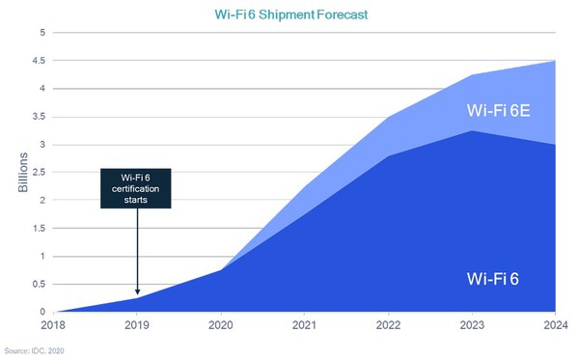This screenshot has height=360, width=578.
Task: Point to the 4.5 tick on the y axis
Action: (40, 61)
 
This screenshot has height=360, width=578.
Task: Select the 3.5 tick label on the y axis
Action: (40, 117)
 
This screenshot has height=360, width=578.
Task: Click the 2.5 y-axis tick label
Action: (40, 173)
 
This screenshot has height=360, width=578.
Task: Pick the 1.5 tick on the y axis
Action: (40, 229)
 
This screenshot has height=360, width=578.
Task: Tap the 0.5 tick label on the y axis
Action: (40, 285)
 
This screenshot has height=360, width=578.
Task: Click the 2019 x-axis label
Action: (138, 326)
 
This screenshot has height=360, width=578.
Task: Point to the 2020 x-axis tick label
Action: (221, 326)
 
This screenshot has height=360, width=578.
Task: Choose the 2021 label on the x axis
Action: (304, 326)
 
